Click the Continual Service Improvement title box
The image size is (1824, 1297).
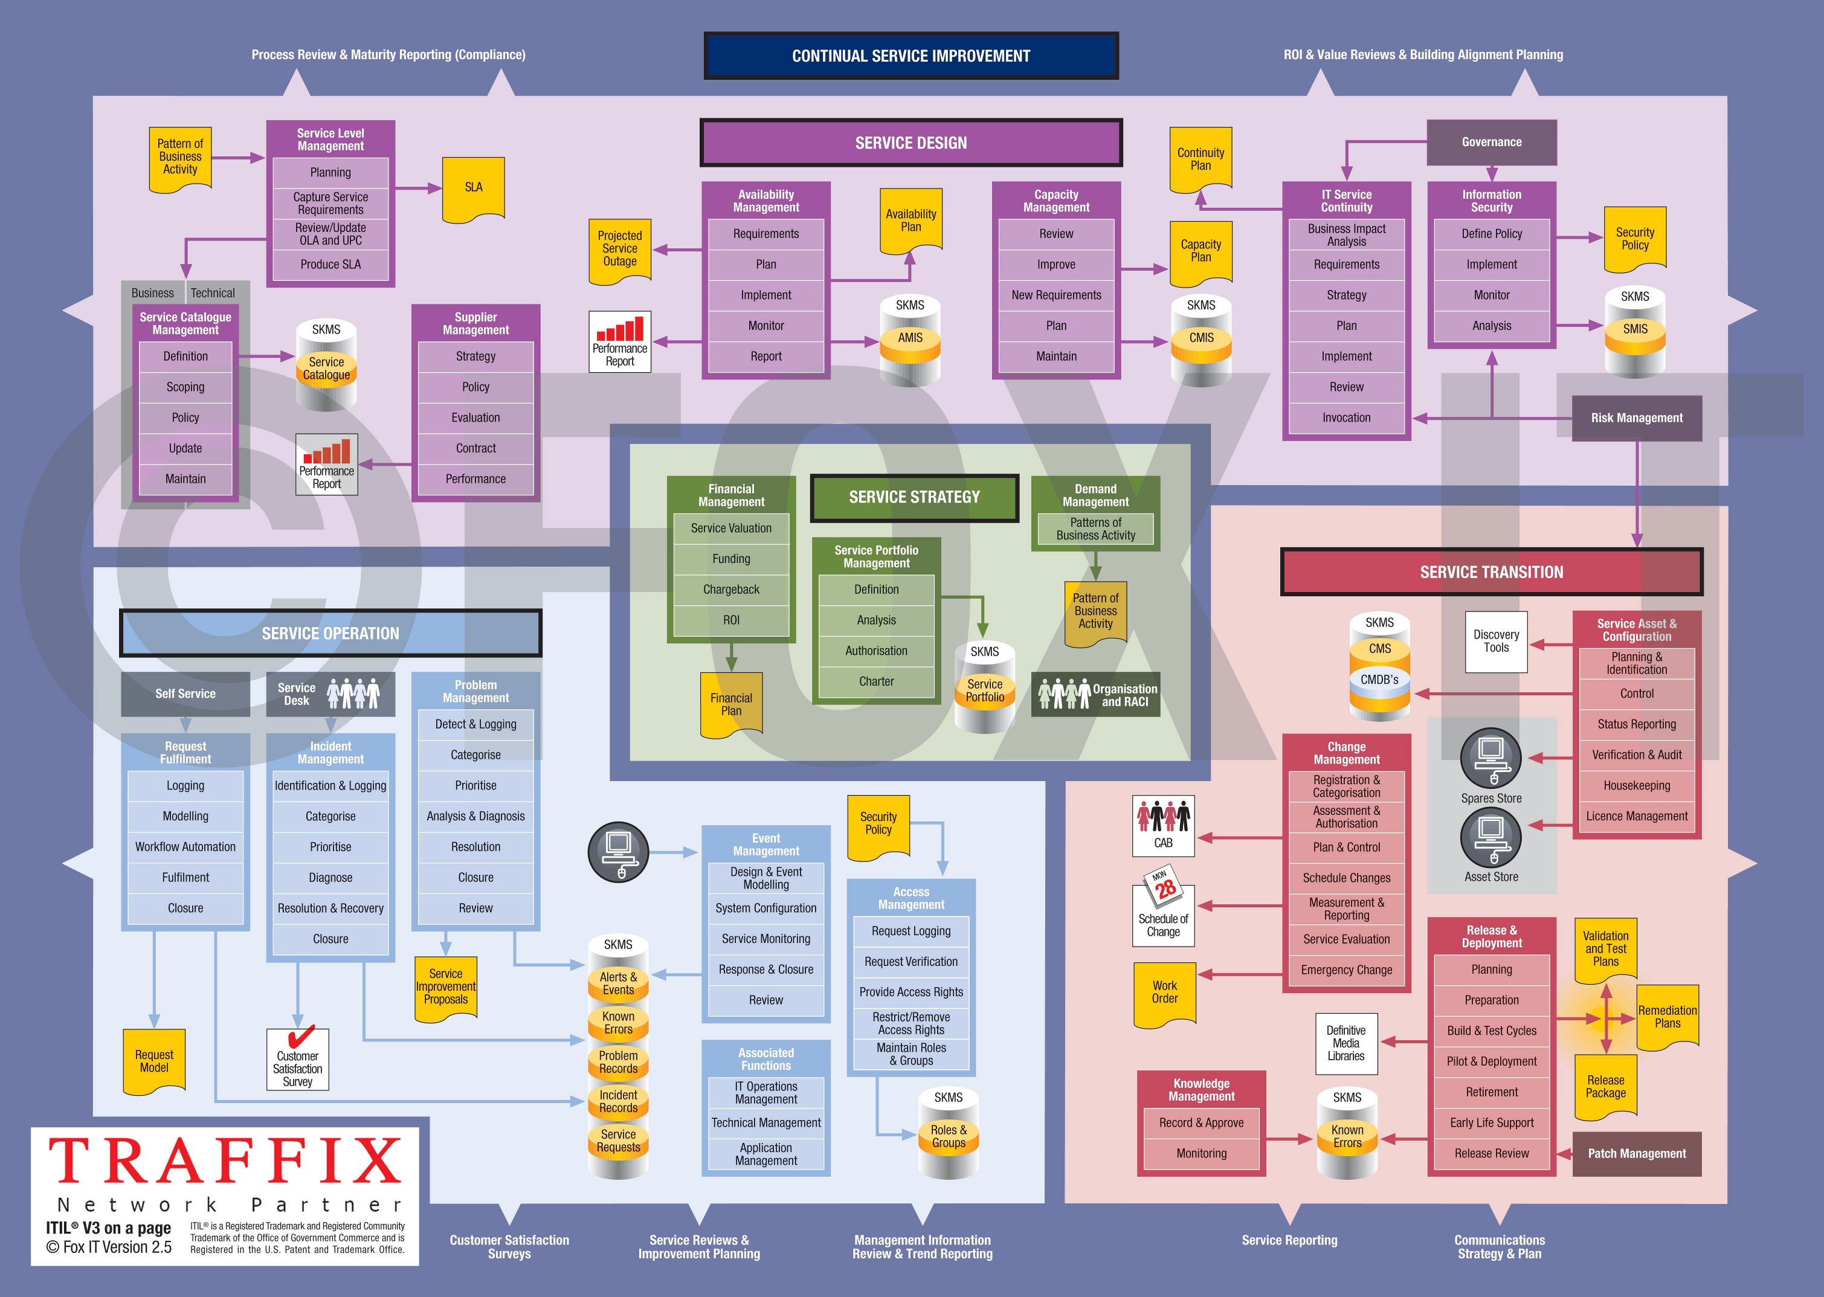point(910,56)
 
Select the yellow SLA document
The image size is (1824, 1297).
point(474,188)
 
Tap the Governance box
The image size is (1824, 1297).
point(1491,142)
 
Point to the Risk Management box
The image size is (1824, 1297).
point(1636,417)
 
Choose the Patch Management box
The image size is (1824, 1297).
point(1636,1153)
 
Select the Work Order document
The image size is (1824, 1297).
point(1164,993)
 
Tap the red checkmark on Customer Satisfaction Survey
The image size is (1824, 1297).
point(300,1037)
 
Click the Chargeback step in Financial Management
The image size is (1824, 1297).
point(730,590)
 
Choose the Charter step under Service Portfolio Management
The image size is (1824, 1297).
point(876,681)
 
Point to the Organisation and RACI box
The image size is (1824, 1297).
point(1096,695)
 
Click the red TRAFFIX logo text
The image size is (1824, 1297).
point(225,1160)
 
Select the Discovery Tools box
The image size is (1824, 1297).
point(1496,642)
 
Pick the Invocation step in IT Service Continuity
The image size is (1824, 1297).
point(1347,417)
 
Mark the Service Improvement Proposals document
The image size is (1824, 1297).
point(446,988)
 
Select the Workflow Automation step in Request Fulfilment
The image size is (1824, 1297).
point(185,846)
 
